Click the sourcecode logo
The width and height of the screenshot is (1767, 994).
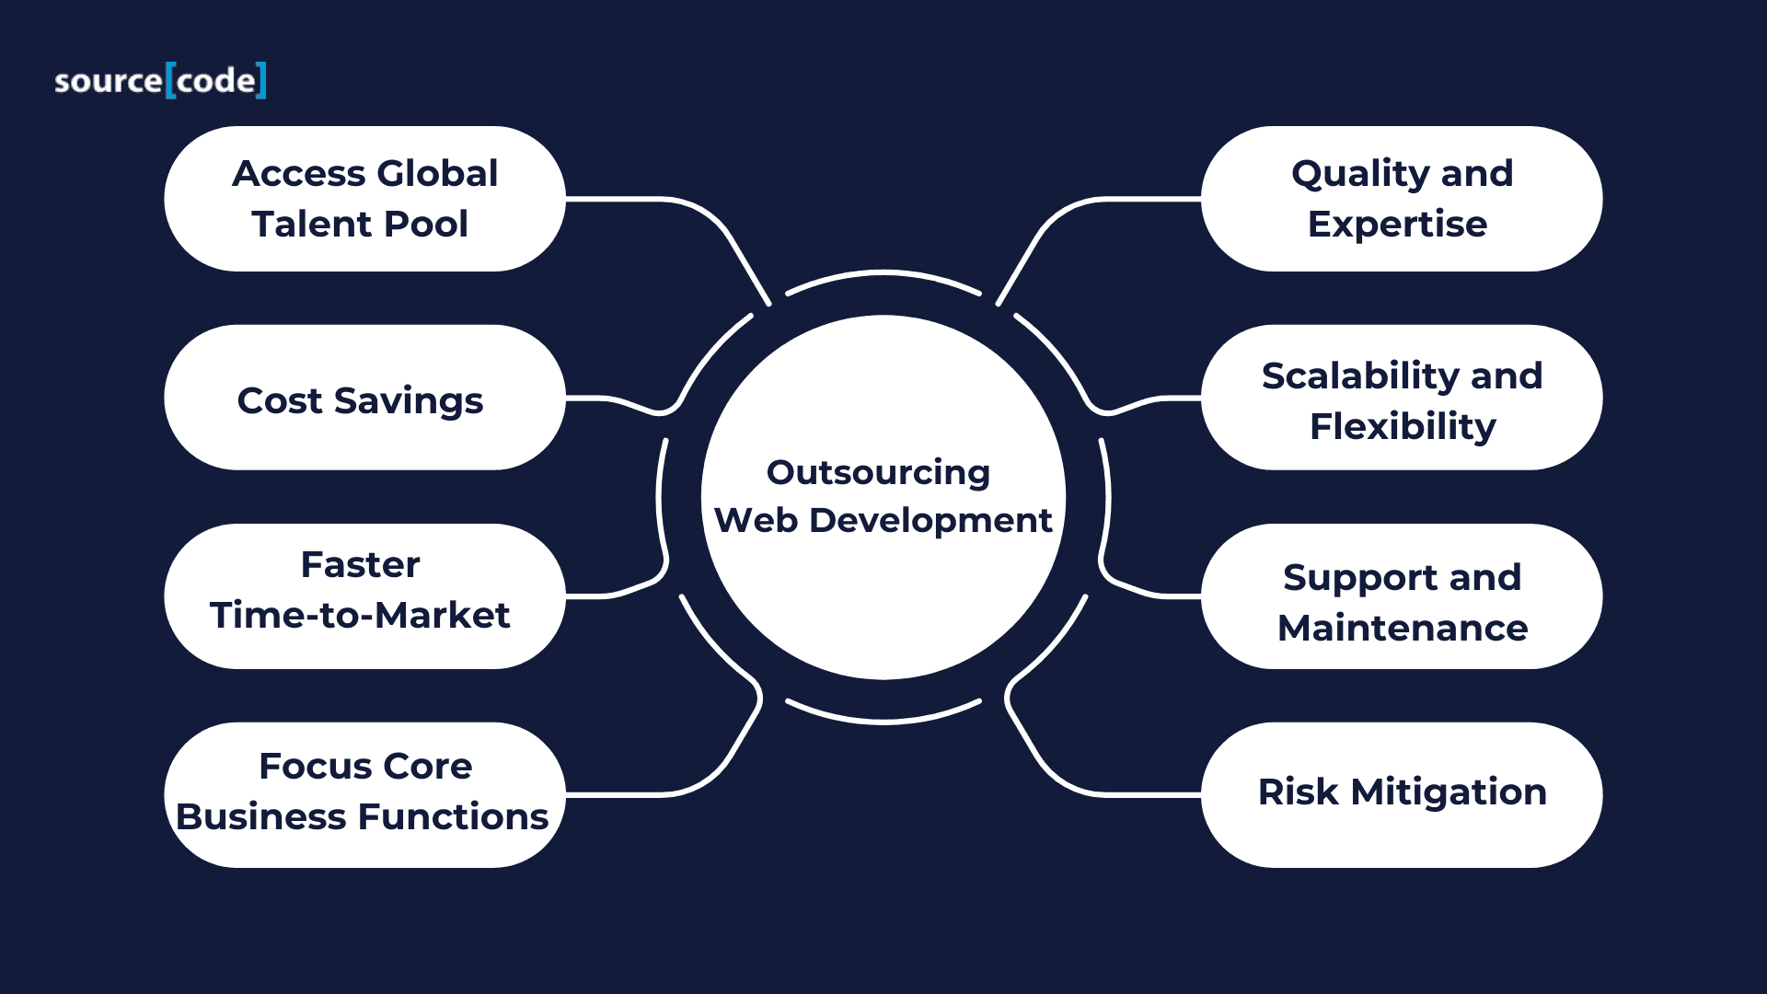click(160, 80)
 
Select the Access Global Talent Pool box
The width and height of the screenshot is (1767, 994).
click(364, 199)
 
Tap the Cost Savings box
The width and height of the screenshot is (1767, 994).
click(364, 398)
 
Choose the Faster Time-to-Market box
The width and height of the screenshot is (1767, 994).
click(364, 596)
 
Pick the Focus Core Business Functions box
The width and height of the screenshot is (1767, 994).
click(364, 795)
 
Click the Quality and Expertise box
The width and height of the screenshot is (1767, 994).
click(1402, 199)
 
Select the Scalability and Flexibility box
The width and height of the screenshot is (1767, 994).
click(1402, 398)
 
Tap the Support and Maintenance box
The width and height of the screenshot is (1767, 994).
click(1402, 596)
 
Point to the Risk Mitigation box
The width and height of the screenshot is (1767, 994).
click(1402, 795)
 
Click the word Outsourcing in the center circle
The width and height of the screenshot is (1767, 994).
click(878, 473)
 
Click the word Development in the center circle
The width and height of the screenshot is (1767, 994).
click(930, 522)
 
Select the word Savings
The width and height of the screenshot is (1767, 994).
click(408, 402)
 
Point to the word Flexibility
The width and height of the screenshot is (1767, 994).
click(1403, 428)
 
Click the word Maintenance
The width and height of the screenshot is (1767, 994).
click(1403, 628)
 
